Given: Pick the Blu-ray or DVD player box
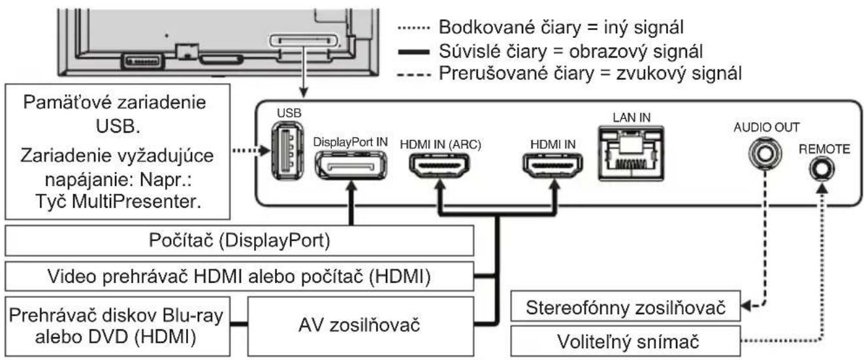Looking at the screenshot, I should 114,323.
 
